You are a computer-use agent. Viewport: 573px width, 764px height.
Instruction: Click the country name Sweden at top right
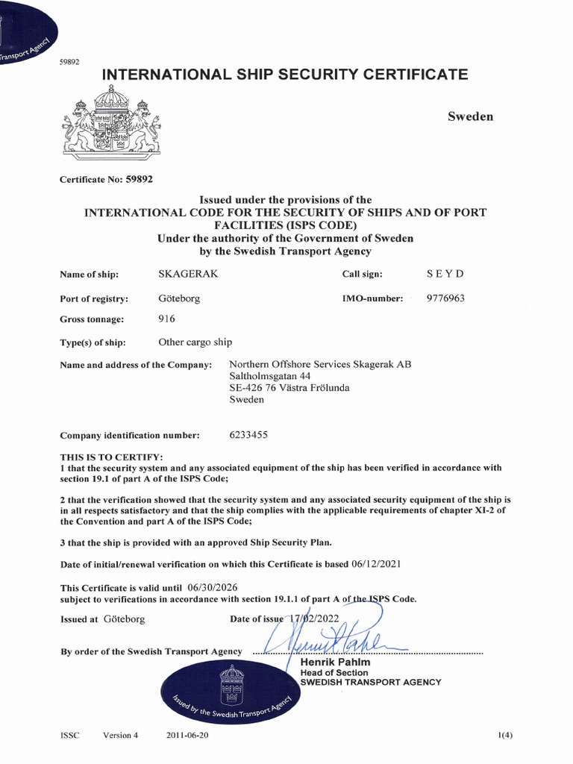click(470, 116)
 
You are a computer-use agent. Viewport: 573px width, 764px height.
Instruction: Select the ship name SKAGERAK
click(188, 274)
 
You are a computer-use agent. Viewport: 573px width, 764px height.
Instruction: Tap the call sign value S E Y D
click(445, 274)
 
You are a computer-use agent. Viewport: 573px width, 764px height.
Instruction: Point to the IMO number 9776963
click(445, 298)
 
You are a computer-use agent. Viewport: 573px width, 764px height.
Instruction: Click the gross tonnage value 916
click(167, 319)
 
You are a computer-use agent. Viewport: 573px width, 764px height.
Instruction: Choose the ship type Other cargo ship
click(195, 342)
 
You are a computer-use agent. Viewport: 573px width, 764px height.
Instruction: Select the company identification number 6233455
click(248, 434)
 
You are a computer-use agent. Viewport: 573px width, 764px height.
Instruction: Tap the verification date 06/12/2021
click(376, 564)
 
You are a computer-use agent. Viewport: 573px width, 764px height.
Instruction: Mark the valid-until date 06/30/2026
click(213, 587)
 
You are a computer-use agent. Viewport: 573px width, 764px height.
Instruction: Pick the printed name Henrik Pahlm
click(335, 663)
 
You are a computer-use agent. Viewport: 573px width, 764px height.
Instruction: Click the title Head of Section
click(334, 672)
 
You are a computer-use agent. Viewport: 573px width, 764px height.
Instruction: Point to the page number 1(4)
click(505, 735)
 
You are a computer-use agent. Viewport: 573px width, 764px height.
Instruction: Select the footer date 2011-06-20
click(187, 735)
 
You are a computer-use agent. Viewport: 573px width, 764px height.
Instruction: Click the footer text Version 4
click(121, 735)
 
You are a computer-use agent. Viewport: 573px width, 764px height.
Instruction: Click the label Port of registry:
click(94, 298)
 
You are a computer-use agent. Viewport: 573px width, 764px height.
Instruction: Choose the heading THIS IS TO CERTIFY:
click(111, 457)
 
